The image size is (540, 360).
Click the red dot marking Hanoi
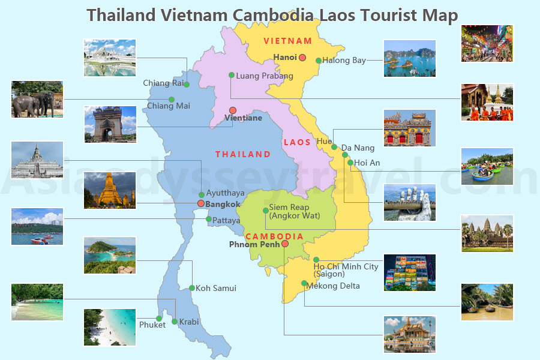[x=302, y=58]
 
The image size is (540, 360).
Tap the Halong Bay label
[x=344, y=60]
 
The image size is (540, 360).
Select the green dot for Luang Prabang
[x=231, y=75]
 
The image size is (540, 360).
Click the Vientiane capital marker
[x=233, y=110]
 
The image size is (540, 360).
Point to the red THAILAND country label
[x=243, y=154]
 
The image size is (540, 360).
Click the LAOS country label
[x=297, y=142]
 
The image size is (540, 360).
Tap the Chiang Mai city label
[x=169, y=106]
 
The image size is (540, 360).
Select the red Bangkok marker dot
[x=201, y=204]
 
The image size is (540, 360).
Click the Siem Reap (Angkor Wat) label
[x=294, y=211]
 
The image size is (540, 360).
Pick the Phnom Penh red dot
[x=285, y=244]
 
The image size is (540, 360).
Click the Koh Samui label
[x=216, y=288]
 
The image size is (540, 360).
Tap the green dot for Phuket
[x=159, y=319]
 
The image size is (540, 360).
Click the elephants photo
[x=37, y=100]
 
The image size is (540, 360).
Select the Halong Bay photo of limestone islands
[x=409, y=58]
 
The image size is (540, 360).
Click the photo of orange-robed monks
[x=487, y=102]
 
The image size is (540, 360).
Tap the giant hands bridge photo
[x=409, y=203]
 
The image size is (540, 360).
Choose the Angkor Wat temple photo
[x=487, y=233]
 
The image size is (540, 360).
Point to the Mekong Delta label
[x=333, y=286]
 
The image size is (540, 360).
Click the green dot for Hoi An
[x=349, y=162]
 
